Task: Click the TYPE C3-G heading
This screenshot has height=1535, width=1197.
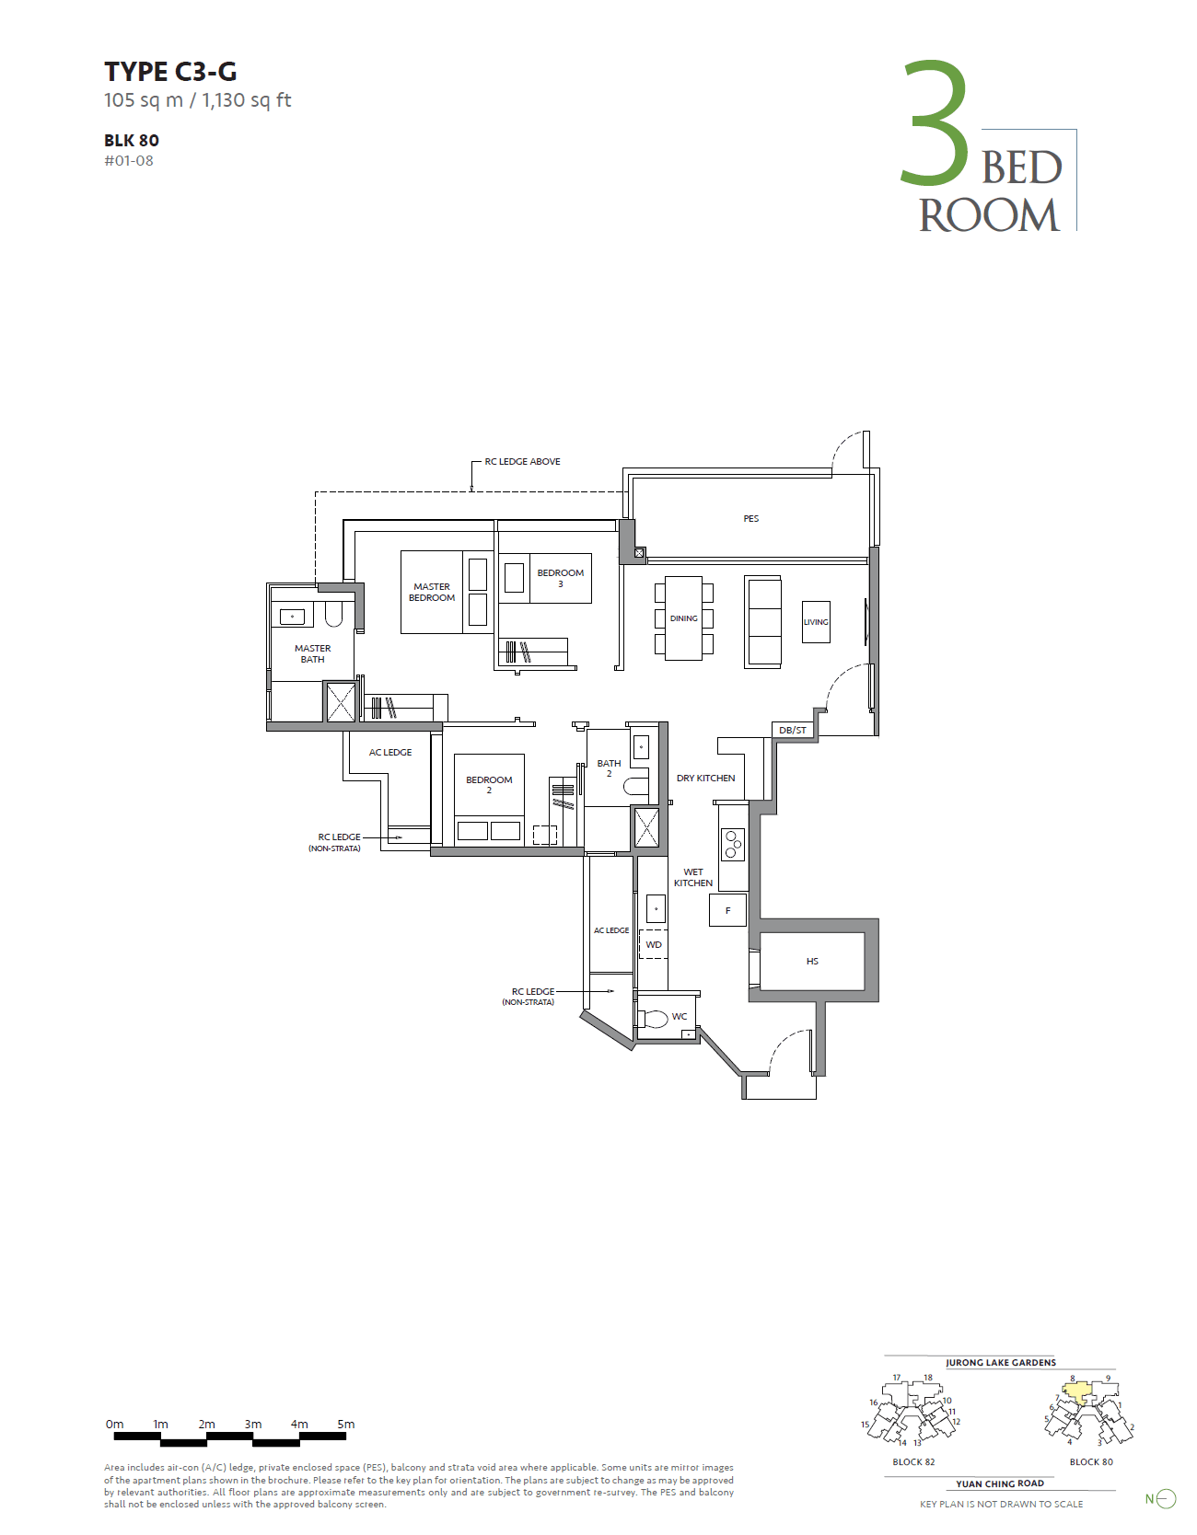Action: click(x=170, y=72)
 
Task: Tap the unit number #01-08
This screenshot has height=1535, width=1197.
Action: click(x=129, y=161)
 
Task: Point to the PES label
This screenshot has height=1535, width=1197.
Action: click(x=751, y=519)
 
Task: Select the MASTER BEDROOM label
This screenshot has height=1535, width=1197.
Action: click(x=432, y=593)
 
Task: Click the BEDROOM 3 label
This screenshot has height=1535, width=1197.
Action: click(x=560, y=578)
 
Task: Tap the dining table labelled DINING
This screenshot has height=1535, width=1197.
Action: click(x=684, y=618)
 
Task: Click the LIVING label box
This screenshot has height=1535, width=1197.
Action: click(x=816, y=622)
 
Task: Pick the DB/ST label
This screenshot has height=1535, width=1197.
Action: click(x=793, y=731)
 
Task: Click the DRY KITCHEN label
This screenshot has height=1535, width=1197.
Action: click(x=705, y=779)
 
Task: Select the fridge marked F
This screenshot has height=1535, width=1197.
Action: click(x=727, y=911)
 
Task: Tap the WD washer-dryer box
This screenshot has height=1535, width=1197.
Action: click(x=654, y=945)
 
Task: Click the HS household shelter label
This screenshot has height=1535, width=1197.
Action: click(x=812, y=962)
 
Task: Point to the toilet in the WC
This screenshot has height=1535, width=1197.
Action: click(x=653, y=1019)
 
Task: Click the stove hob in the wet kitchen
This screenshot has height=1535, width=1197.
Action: click(x=733, y=845)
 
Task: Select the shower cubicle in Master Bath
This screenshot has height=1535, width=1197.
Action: click(x=341, y=702)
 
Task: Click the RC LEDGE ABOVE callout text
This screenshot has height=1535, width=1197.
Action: click(x=522, y=462)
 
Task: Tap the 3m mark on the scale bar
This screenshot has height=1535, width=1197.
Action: click(x=253, y=1425)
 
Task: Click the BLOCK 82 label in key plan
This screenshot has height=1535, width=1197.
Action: click(x=913, y=1462)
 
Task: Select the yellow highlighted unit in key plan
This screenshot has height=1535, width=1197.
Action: click(x=1078, y=1391)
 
